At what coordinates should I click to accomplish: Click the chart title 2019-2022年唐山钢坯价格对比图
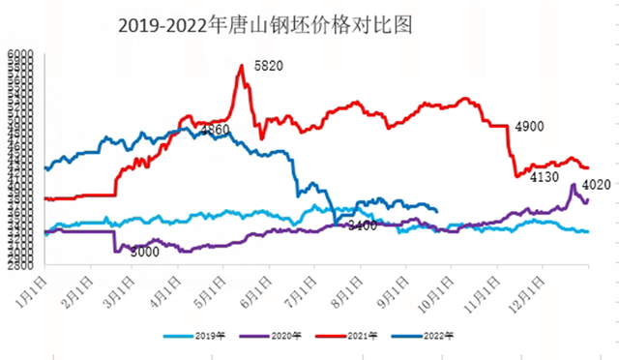click(265, 26)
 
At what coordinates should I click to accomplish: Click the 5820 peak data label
click(268, 66)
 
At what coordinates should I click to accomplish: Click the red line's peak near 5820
click(241, 66)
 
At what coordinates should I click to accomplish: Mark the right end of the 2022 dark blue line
click(438, 210)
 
